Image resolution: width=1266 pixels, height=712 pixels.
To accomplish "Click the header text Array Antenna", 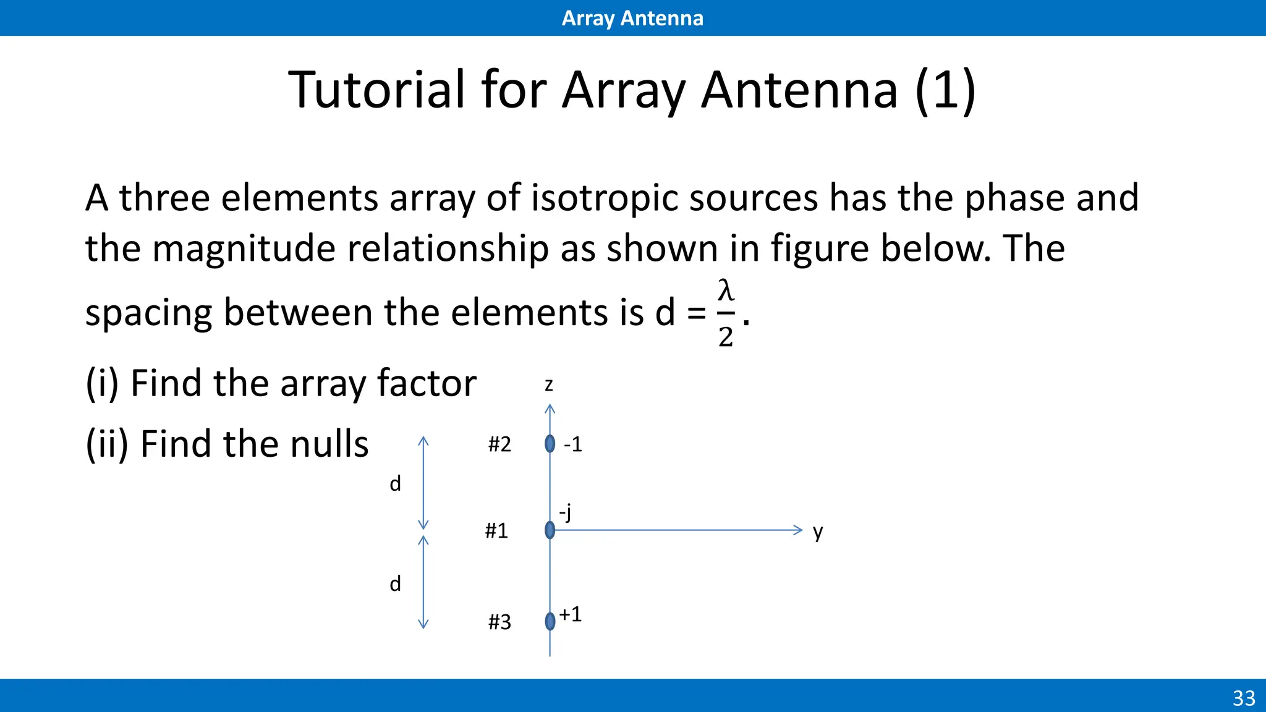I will click(632, 18).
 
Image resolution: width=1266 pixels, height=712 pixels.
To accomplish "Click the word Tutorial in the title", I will click(376, 90).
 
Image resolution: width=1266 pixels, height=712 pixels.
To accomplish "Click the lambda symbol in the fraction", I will click(726, 290).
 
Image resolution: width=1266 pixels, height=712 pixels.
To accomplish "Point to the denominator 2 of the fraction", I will click(726, 337).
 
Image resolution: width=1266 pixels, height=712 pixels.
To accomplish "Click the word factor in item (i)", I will click(427, 383).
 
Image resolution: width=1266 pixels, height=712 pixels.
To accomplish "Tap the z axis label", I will click(548, 385).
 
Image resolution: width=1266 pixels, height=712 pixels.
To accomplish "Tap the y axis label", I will click(818, 532).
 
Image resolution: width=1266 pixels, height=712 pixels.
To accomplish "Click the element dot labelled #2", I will click(550, 444).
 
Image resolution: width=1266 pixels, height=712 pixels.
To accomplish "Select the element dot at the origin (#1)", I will click(550, 530).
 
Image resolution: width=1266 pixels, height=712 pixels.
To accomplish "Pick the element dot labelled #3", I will click(550, 621).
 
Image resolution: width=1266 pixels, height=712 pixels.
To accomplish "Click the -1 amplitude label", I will click(572, 444).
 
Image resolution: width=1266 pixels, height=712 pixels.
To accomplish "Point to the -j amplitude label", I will click(565, 512).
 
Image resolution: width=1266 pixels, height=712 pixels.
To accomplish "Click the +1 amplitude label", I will click(570, 614).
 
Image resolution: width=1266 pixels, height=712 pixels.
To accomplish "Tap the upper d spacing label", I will click(395, 483).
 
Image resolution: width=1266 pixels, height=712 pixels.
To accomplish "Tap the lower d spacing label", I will click(395, 583).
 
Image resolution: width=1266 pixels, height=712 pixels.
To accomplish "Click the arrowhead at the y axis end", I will click(798, 530).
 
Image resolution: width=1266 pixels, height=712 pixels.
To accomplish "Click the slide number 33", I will click(1244, 698).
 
